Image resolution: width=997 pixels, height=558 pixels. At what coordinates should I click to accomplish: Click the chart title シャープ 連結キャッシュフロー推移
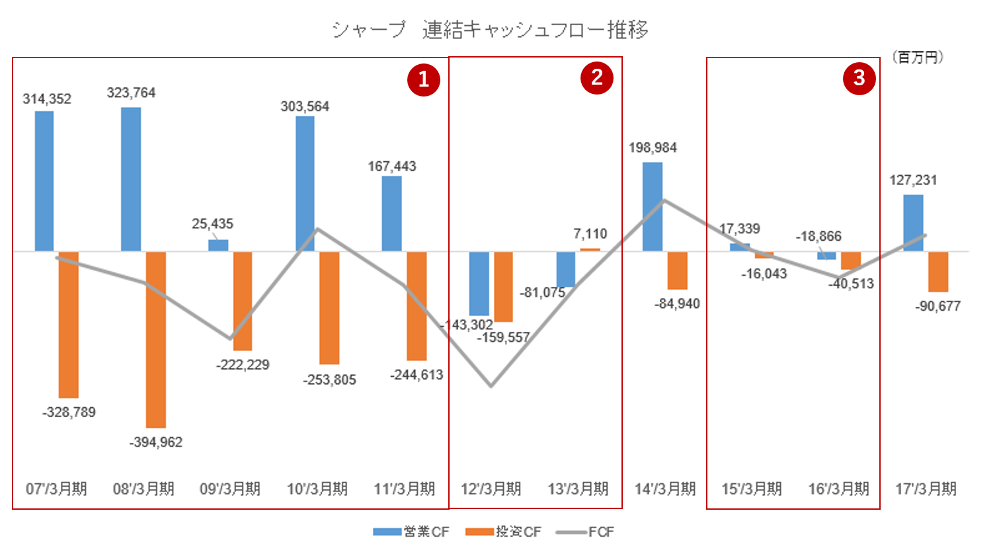tap(490, 30)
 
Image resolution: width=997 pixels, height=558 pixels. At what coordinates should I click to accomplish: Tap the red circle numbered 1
tap(424, 79)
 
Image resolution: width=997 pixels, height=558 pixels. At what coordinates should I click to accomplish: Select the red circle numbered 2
tap(597, 78)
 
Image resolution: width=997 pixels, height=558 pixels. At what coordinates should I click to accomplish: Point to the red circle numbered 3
tap(859, 78)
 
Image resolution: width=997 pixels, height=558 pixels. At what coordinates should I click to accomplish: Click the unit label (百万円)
tap(917, 58)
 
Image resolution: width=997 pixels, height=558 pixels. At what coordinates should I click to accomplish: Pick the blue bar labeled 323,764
tap(131, 179)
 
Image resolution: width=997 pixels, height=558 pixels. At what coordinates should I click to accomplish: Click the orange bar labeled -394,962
tap(156, 339)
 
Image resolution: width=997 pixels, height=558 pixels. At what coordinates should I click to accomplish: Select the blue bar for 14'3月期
tap(653, 207)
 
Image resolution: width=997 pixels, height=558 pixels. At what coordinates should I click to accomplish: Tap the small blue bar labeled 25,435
tap(218, 245)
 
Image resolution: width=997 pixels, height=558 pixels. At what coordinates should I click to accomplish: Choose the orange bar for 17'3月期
tap(938, 272)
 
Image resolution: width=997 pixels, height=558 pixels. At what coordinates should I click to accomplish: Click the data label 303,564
tap(305, 106)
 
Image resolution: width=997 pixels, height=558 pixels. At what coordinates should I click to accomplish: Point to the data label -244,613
tap(417, 375)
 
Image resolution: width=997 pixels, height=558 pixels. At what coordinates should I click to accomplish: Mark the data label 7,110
tap(590, 234)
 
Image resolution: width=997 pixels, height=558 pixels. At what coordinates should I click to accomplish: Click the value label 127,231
tap(913, 180)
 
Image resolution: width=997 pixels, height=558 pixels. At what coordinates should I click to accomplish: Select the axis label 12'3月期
tap(491, 489)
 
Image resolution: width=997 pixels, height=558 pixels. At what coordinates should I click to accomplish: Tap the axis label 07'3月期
tap(56, 489)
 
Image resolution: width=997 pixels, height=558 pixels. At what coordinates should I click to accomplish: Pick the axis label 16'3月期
tap(838, 489)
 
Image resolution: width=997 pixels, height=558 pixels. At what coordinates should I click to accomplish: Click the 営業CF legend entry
tap(411, 532)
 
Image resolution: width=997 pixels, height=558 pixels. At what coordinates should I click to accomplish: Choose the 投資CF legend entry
tap(503, 532)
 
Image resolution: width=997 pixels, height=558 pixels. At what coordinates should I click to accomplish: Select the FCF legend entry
tap(585, 532)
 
